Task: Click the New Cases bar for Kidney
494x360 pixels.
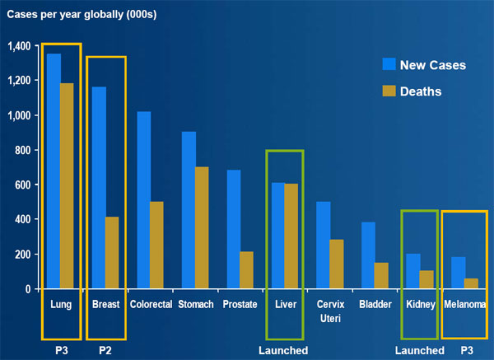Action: click(412, 271)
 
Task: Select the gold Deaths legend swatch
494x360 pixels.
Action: click(389, 90)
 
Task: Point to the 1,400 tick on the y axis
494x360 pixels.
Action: click(16, 46)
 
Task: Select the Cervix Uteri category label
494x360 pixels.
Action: click(329, 311)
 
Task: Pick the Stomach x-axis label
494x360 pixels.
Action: click(195, 304)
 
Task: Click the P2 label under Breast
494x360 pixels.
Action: click(105, 350)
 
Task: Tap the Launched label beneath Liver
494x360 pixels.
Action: click(283, 350)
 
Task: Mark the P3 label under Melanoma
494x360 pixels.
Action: click(467, 350)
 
